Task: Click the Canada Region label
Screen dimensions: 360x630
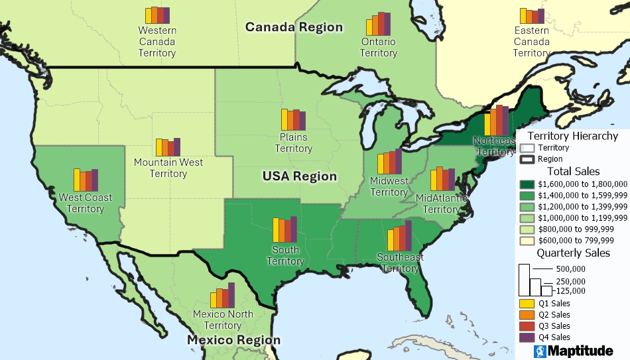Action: click(x=294, y=27)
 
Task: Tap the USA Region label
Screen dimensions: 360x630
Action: click(x=300, y=176)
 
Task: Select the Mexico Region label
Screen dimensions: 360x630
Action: click(x=233, y=340)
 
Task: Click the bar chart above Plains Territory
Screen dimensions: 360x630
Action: click(x=293, y=119)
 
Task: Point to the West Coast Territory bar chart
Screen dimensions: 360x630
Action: click(x=86, y=180)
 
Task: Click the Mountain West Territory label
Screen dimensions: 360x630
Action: click(x=168, y=168)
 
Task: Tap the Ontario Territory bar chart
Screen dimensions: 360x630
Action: click(x=378, y=25)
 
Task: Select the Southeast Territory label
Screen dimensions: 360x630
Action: click(x=400, y=263)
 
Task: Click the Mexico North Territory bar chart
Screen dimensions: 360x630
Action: click(x=223, y=296)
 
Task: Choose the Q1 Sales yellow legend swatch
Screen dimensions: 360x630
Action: click(x=527, y=304)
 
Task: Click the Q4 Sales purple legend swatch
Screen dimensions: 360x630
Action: click(x=527, y=337)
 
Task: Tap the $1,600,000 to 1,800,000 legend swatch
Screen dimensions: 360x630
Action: click(x=527, y=184)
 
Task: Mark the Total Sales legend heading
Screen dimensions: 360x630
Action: click(x=573, y=172)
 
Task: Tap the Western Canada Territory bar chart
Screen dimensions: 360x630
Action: click(x=157, y=16)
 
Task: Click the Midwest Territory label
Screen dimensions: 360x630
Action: click(x=389, y=186)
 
